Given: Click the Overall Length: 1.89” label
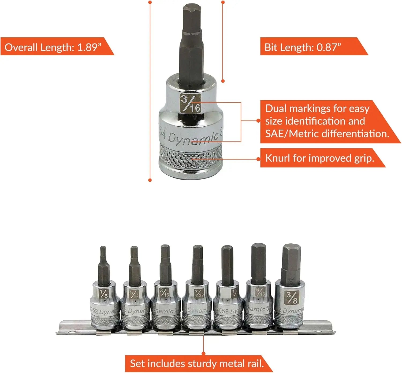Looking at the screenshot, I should coord(54,47).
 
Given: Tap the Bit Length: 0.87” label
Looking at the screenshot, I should coord(303,47).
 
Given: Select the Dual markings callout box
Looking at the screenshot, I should coord(327,121).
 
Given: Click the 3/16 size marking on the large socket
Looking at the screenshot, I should coord(190,104).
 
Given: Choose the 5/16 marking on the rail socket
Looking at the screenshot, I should coord(260,292).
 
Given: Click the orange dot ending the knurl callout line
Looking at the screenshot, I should coord(258,159).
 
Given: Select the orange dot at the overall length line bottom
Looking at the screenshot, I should coord(150,180).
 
